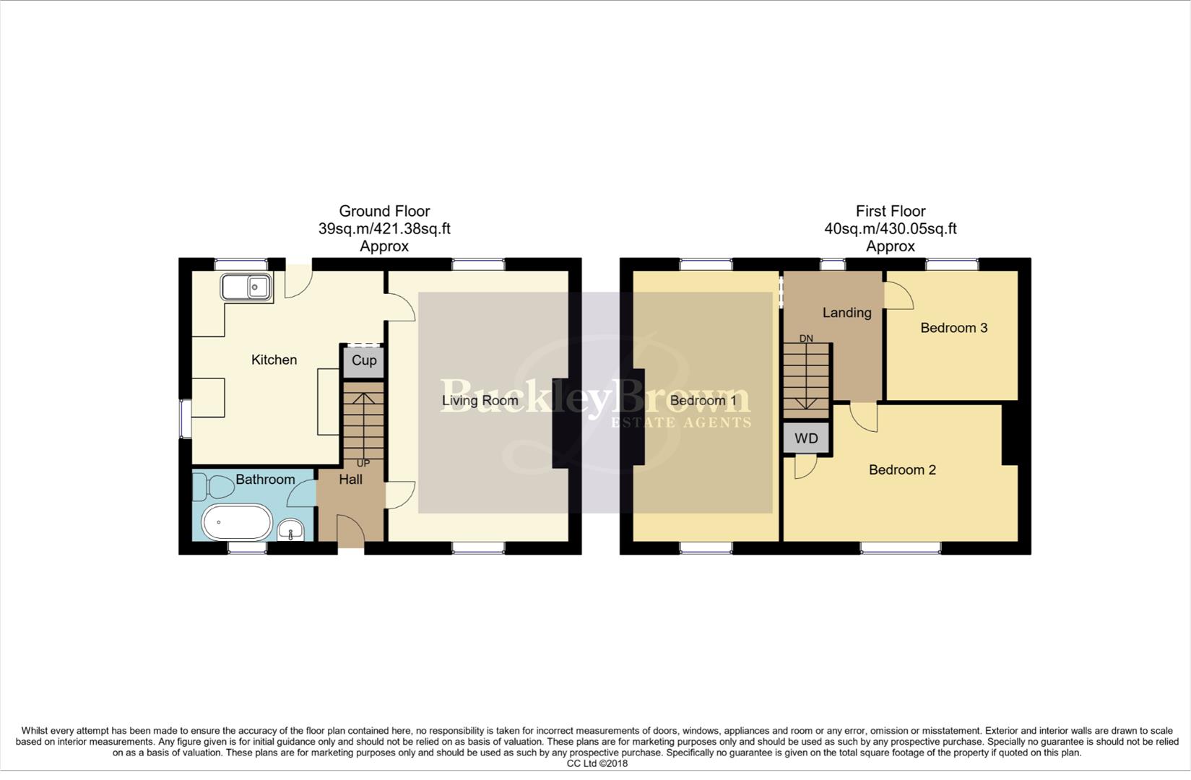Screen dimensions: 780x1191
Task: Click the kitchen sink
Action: (246, 287)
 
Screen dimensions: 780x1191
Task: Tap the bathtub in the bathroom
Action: (236, 522)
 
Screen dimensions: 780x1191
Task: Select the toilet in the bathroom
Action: (214, 488)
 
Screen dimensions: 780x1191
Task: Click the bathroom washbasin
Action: (292, 532)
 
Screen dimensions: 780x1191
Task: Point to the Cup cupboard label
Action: (364, 360)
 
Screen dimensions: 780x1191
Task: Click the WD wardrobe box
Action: (806, 438)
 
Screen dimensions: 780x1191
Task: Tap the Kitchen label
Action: (274, 360)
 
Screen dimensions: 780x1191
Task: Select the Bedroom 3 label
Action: (953, 328)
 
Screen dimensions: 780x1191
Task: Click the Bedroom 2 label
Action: (902, 470)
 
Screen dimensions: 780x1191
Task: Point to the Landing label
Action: (846, 313)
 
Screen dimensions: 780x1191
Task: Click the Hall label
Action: (351, 480)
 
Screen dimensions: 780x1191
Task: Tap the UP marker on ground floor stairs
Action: (363, 463)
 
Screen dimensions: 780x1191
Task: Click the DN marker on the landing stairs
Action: (806, 338)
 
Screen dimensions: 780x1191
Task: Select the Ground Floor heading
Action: (384, 211)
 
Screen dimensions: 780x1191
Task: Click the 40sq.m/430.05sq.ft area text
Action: (890, 229)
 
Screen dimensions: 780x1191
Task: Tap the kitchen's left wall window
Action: (186, 419)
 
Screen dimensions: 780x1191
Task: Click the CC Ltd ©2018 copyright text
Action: (597, 763)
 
